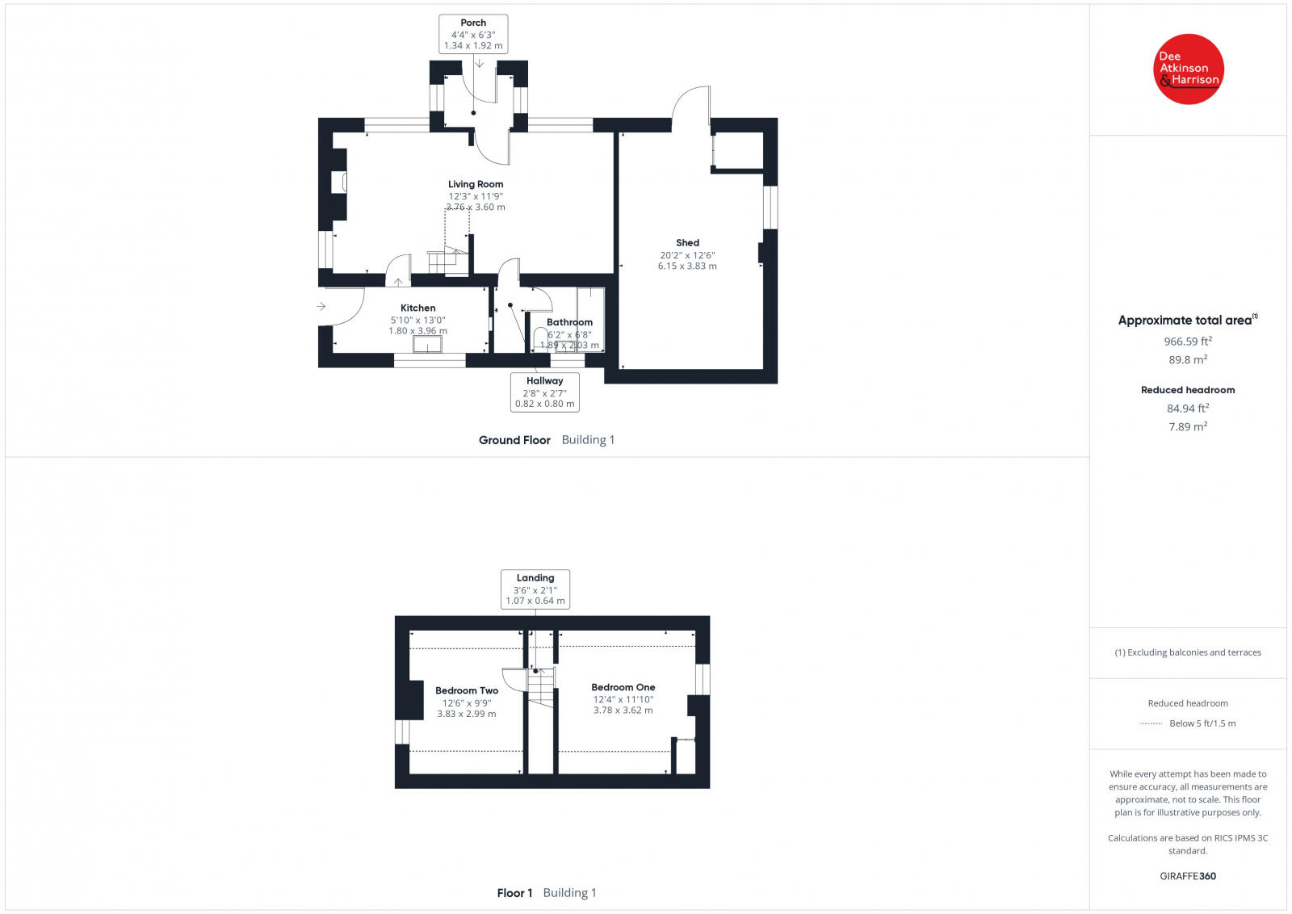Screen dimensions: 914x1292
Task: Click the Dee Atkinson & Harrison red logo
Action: pyautogui.click(x=1188, y=69)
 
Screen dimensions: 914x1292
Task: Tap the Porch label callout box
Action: pyautogui.click(x=473, y=34)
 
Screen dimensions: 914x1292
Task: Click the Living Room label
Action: pyautogui.click(x=476, y=184)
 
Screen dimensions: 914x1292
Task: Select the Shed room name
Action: pyautogui.click(x=687, y=242)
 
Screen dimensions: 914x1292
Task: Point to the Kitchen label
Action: pyautogui.click(x=417, y=308)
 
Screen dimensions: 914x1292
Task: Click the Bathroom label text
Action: pyautogui.click(x=569, y=322)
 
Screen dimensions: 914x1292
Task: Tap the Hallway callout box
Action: pyautogui.click(x=544, y=392)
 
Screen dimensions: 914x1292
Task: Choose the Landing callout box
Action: pyautogui.click(x=535, y=589)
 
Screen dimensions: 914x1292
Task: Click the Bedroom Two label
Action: pyautogui.click(x=467, y=690)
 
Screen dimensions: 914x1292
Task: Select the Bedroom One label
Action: pyautogui.click(x=623, y=687)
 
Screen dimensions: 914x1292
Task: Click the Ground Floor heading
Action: pyautogui.click(x=514, y=440)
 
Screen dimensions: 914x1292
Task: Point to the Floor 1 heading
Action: pyautogui.click(x=514, y=893)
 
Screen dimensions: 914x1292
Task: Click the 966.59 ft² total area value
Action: pyautogui.click(x=1187, y=342)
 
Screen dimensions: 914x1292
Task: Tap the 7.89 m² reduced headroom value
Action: pyautogui.click(x=1187, y=426)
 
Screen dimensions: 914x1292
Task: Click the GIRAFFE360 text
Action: pyautogui.click(x=1187, y=876)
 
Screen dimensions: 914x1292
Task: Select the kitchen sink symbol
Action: pyautogui.click(x=427, y=344)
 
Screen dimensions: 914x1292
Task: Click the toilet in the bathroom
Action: pyautogui.click(x=540, y=337)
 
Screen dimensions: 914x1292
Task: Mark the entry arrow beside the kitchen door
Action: pyautogui.click(x=321, y=306)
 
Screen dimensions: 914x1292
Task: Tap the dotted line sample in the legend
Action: pyautogui.click(x=1151, y=723)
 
